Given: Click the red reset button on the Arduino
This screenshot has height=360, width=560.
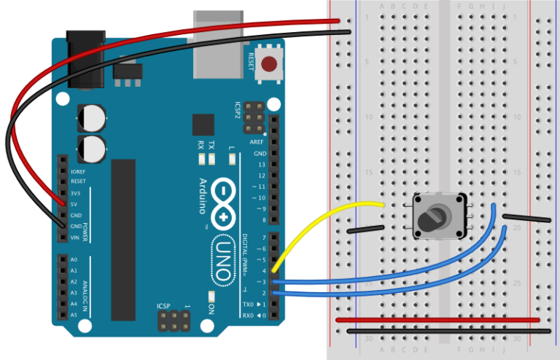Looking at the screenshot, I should tap(271, 64).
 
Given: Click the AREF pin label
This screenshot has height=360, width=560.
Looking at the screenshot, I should tap(257, 142).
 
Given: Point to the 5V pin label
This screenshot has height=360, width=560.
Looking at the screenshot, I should tap(76, 205).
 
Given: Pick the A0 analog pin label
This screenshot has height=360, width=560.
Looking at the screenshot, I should tap(74, 259).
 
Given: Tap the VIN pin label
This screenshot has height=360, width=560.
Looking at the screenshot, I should tap(75, 238).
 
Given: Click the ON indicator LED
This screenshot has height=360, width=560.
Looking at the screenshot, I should tap(211, 296).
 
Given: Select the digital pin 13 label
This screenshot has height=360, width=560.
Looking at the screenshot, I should tap(260, 165).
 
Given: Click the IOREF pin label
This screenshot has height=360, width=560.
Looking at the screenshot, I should tap(78, 171).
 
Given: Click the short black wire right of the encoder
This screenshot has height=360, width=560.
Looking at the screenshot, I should tap(526, 218).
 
